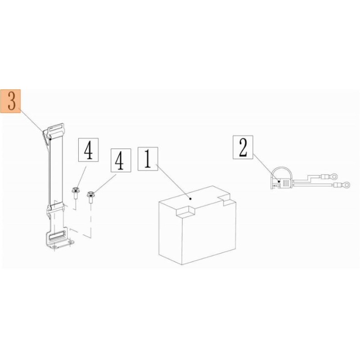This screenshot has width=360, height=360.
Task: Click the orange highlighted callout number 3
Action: click(10, 101)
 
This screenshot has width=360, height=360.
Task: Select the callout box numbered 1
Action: click(148, 159)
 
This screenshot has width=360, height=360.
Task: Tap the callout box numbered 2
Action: click(243, 147)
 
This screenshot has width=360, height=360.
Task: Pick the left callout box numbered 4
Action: click(88, 150)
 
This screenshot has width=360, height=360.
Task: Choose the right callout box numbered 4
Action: click(121, 160)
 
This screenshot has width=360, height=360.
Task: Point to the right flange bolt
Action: click(90, 197)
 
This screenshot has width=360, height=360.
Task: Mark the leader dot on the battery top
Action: click(190, 198)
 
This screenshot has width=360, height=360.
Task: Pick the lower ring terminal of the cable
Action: click(342, 184)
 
